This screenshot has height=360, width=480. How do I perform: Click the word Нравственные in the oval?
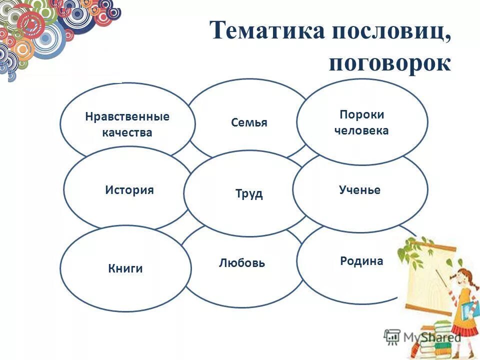point(127,117)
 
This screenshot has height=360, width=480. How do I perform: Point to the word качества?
point(127,133)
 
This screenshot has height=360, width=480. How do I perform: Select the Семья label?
point(249,123)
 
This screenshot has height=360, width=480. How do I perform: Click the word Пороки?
point(362,114)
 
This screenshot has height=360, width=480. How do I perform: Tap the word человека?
point(361,131)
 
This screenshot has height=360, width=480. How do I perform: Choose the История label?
point(129,190)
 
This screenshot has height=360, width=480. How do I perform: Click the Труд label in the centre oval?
point(249,194)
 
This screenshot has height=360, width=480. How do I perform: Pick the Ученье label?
point(359,190)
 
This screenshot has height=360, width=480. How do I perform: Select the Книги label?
point(125,268)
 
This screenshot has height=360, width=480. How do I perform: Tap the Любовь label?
point(242,263)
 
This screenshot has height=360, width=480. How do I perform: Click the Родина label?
point(361,261)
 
